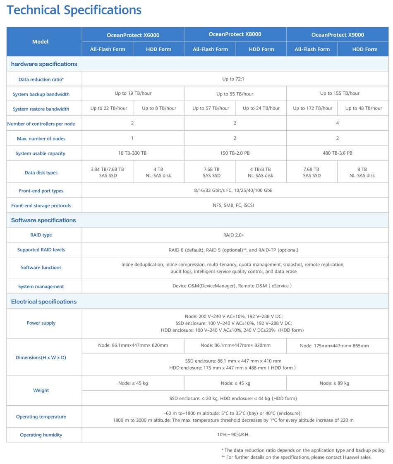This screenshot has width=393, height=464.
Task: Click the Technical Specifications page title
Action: (x=74, y=10)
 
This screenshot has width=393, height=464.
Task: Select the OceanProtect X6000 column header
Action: (x=133, y=35)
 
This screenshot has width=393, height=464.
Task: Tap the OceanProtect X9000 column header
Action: (x=338, y=35)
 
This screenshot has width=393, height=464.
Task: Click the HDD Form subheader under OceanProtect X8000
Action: (x=261, y=49)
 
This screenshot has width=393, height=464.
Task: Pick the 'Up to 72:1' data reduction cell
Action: (x=235, y=79)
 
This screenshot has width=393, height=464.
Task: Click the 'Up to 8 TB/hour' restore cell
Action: (x=159, y=108)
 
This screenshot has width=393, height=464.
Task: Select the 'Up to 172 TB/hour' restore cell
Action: (x=312, y=108)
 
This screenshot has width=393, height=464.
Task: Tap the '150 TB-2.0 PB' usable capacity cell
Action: (x=235, y=153)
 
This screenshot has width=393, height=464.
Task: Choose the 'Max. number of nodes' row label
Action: (x=41, y=139)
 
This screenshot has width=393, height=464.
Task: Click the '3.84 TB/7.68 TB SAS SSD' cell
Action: (x=107, y=172)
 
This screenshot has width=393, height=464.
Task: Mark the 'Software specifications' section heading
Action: (x=43, y=220)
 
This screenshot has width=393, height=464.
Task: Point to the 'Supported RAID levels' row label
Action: (x=41, y=250)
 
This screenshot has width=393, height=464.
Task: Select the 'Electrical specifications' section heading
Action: (x=44, y=301)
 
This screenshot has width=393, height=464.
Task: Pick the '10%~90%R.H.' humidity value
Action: (x=235, y=435)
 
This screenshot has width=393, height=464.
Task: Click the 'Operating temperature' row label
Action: (x=41, y=417)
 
